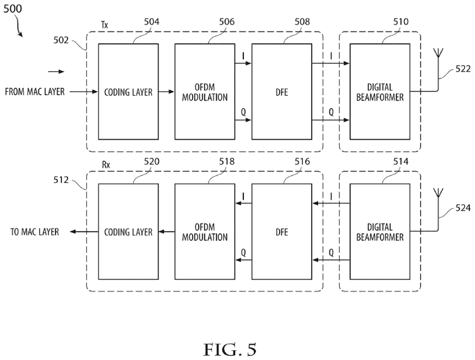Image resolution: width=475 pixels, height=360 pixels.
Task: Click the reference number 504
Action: (x=152, y=22)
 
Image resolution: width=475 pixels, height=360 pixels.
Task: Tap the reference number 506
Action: (x=228, y=22)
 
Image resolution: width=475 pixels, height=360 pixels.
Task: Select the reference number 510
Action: (x=401, y=22)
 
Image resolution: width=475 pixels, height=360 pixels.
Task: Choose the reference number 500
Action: (x=12, y=9)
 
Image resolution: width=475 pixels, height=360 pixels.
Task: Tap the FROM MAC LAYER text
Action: (x=35, y=92)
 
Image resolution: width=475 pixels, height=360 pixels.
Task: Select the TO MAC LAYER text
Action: (x=35, y=232)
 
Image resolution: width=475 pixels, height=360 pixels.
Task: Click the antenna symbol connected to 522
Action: (x=438, y=54)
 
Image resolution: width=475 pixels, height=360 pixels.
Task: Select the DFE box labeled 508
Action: (x=282, y=92)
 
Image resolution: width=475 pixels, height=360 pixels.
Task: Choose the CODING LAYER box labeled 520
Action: (x=128, y=231)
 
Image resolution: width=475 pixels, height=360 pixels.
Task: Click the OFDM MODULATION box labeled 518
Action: (x=204, y=231)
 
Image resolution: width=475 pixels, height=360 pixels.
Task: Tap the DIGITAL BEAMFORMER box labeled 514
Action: (x=380, y=231)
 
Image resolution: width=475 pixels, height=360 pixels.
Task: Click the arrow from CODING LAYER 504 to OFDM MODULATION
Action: (x=167, y=92)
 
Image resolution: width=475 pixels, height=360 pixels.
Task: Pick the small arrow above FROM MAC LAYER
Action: (x=57, y=72)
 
